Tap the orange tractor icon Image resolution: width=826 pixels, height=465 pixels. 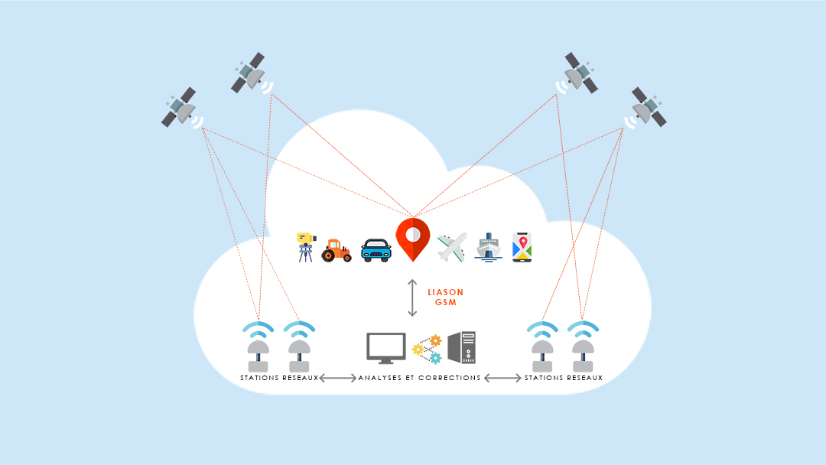point(337,249)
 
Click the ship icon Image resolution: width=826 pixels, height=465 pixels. point(488,248)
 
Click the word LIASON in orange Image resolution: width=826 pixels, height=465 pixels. point(445,292)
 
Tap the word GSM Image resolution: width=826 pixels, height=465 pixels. point(445,303)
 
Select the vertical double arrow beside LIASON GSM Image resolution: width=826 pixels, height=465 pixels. point(412,298)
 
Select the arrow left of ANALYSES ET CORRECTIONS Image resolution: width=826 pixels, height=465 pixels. point(337,378)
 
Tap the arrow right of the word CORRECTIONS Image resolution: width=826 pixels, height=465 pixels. point(502,378)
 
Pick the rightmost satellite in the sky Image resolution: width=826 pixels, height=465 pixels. point(648,108)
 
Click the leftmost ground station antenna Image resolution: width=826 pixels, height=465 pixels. point(258,350)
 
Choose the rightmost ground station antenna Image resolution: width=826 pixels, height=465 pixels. point(583,350)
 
